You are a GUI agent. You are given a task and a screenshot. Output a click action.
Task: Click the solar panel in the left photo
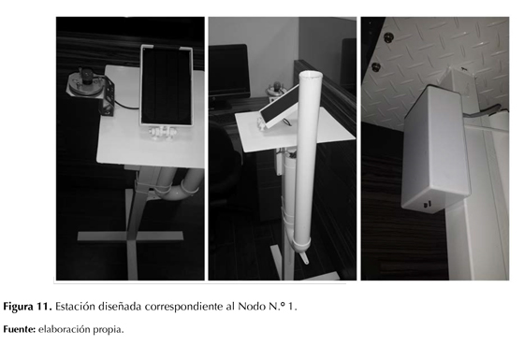167,86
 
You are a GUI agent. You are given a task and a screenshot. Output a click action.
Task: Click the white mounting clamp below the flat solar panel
162,133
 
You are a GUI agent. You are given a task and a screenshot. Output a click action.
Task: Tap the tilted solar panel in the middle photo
279,106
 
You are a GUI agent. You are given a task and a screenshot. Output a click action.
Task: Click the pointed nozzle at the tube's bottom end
304,258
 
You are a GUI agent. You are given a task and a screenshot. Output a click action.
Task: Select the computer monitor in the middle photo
229,72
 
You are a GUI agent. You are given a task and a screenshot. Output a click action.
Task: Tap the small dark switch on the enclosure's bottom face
428,204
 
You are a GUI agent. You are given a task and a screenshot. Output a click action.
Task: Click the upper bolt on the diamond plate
387,36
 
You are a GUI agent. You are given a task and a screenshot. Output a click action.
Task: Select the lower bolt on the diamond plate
376,66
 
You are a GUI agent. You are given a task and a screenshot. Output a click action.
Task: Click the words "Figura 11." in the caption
27,307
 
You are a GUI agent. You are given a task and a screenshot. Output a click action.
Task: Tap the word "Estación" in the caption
75,307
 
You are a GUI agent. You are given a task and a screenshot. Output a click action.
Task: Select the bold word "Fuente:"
20,329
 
